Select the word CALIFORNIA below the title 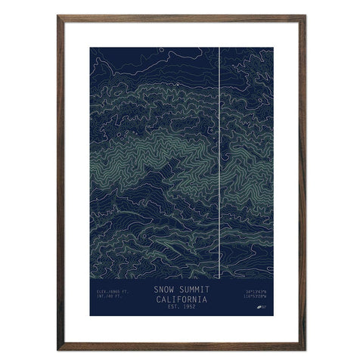coord(181,299)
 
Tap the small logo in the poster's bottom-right coord(261,308)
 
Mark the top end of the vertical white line coord(219,48)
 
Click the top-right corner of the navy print coord(273,48)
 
